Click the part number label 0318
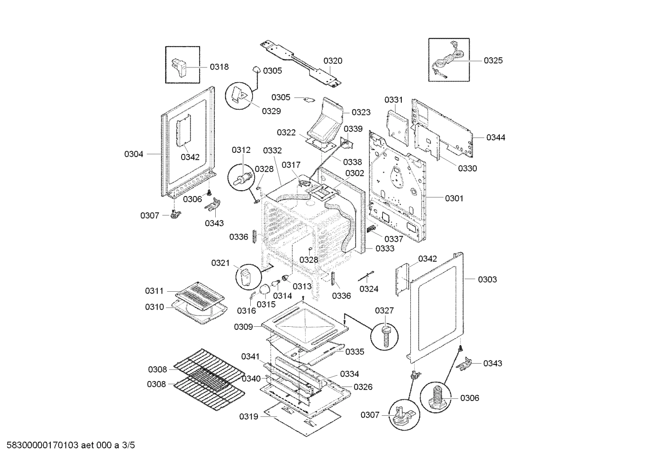[219, 67]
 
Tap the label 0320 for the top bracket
[333, 61]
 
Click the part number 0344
[496, 138]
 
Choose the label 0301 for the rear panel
[454, 198]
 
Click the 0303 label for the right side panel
[487, 280]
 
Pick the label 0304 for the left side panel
[133, 154]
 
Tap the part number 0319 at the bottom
[249, 417]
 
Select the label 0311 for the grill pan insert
[154, 291]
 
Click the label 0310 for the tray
[154, 307]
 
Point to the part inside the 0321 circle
[246, 275]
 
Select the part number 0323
[361, 112]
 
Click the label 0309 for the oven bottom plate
[243, 327]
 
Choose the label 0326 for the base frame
[363, 387]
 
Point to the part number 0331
[394, 100]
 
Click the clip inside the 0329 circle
[239, 95]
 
